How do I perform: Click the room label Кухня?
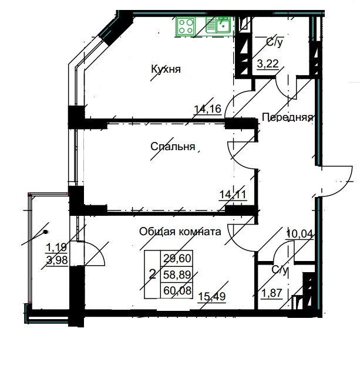166,69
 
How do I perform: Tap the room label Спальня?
173,147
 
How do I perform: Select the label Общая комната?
180,232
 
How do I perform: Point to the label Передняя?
288,117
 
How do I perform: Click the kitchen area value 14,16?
208,109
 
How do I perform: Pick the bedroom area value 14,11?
233,195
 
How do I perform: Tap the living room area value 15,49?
212,297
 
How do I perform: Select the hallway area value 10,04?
300,234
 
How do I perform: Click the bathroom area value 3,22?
268,64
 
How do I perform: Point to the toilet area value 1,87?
272,293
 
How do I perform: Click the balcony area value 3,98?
57,260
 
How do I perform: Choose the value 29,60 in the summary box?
177,258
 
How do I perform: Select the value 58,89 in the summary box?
177,274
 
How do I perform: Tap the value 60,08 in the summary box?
177,291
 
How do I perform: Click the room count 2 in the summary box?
152,274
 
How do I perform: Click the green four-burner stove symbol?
186,26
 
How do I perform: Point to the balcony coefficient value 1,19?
56,248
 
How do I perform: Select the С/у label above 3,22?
274,42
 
